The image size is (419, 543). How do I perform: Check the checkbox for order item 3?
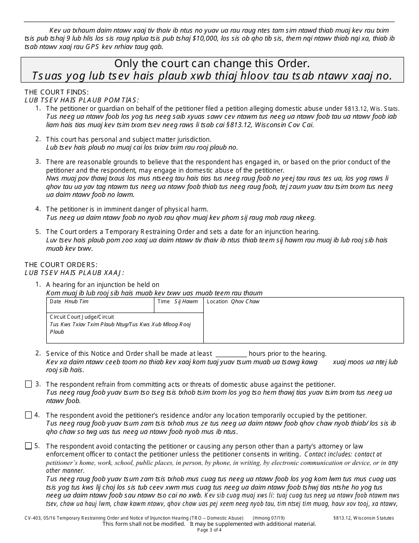(28, 385)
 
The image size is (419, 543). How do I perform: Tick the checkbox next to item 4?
(28, 415)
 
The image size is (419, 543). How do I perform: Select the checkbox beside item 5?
(28, 446)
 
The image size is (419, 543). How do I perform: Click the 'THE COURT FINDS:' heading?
(56, 92)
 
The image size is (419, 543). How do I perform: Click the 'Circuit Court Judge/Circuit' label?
(82, 317)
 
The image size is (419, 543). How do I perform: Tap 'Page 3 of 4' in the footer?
(209, 530)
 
